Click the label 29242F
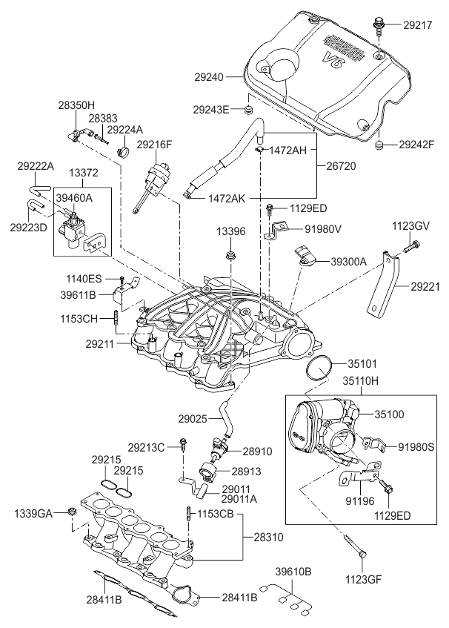(x=416, y=144)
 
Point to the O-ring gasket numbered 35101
(x=319, y=368)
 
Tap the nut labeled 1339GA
(x=72, y=512)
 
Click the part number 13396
(x=230, y=231)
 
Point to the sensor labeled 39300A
(x=305, y=254)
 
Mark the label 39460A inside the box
(x=75, y=198)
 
